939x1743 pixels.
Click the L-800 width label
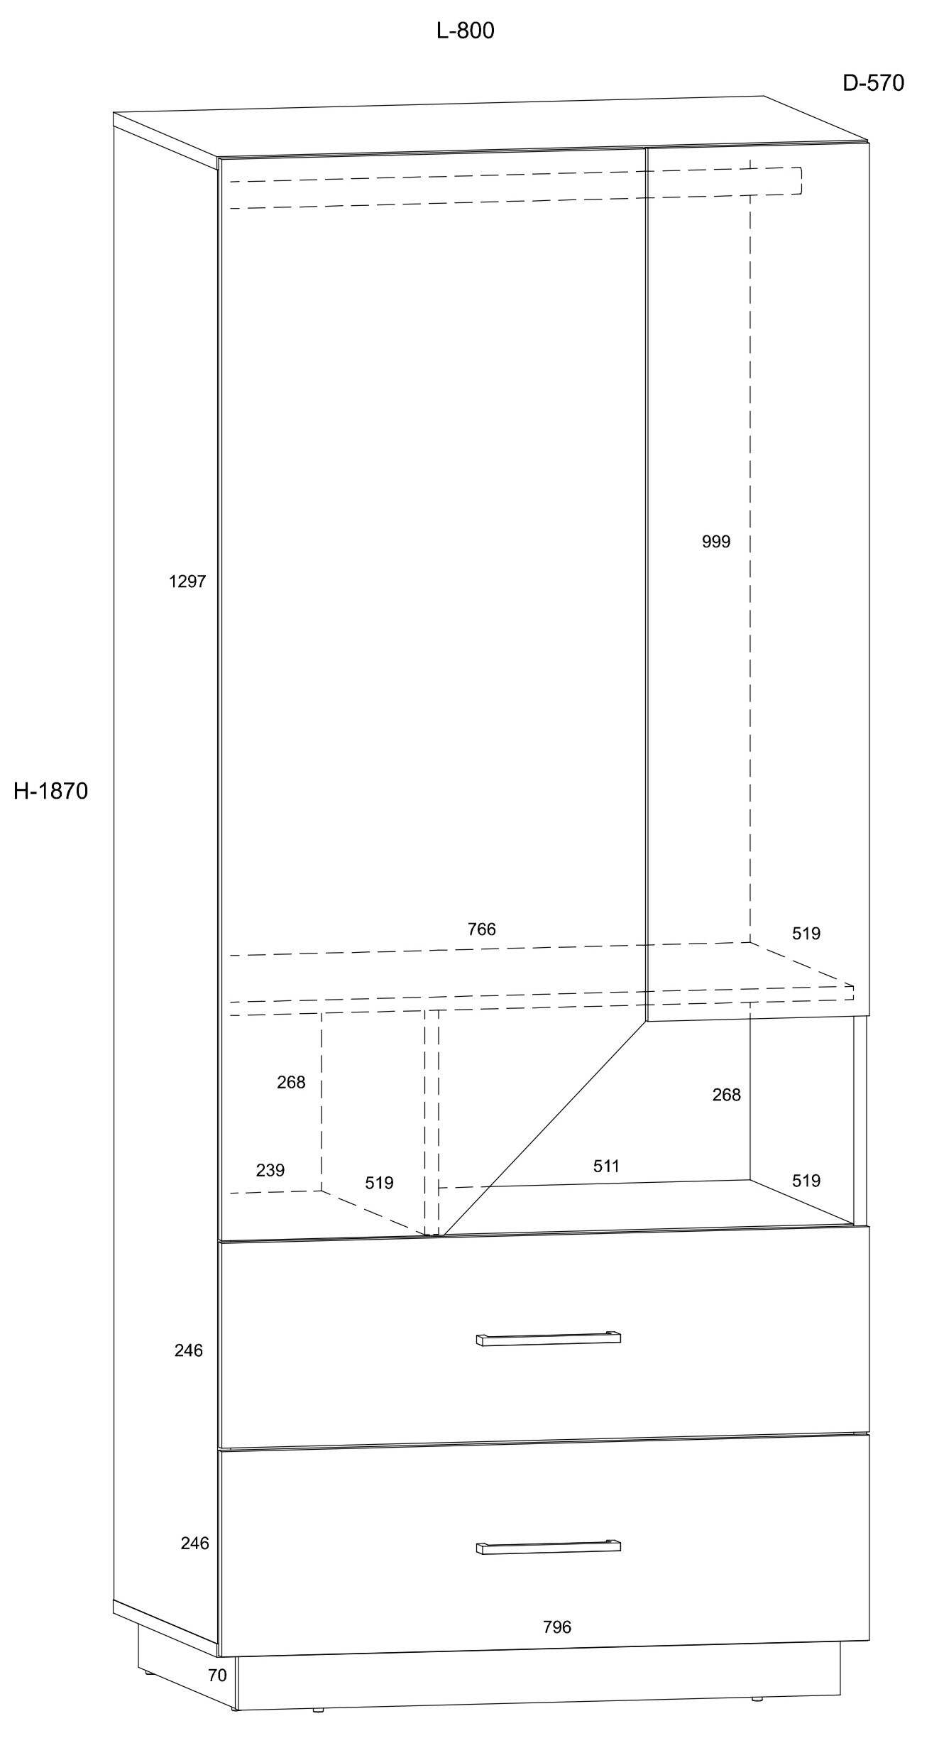point(465,31)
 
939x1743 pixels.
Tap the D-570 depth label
point(873,83)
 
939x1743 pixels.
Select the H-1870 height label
point(50,791)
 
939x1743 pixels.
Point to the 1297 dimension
point(187,581)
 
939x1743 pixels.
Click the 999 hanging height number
point(715,542)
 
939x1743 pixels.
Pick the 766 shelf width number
point(481,929)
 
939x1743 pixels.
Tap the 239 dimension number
point(270,1170)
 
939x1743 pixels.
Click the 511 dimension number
point(606,1166)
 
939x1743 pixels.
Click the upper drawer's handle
point(548,1338)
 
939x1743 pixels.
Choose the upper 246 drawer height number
point(189,1350)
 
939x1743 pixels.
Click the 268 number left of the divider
point(291,1082)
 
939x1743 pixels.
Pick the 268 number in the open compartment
point(726,1095)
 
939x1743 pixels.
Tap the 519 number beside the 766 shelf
point(806,934)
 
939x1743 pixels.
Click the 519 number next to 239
point(379,1183)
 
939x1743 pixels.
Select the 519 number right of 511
point(806,1181)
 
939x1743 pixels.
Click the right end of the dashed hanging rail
point(801,180)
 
